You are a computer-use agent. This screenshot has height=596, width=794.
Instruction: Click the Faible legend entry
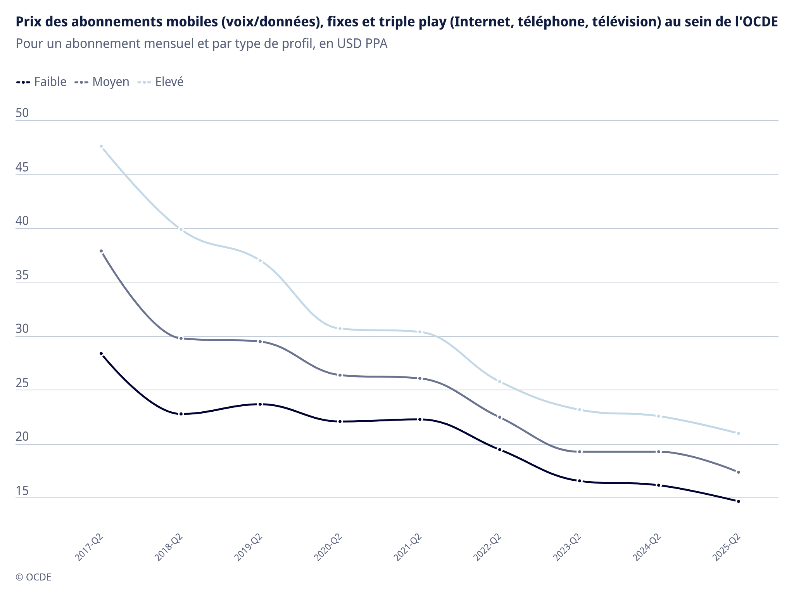click(41, 82)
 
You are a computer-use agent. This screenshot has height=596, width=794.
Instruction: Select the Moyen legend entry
click(102, 82)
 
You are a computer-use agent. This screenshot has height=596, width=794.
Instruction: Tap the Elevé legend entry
click(161, 82)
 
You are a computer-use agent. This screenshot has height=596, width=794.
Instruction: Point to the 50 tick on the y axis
click(22, 113)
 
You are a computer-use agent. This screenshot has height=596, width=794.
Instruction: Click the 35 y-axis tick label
click(22, 275)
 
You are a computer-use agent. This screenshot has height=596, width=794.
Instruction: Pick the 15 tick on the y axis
click(22, 491)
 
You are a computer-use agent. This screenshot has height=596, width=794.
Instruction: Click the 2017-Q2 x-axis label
click(90, 547)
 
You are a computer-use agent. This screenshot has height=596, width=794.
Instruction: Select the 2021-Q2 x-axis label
click(408, 547)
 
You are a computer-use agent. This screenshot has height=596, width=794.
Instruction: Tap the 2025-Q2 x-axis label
click(727, 547)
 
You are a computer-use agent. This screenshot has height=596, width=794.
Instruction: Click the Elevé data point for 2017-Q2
click(101, 146)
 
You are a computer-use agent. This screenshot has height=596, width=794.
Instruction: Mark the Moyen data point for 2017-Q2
click(101, 251)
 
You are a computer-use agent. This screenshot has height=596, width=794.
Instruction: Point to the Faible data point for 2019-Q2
click(261, 404)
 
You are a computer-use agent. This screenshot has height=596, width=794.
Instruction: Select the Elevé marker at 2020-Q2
click(340, 329)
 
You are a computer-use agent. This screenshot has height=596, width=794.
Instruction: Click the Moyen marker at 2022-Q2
click(499, 417)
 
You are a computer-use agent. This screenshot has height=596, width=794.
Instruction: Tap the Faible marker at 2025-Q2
click(738, 501)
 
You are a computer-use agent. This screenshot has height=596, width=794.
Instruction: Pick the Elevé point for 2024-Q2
click(659, 416)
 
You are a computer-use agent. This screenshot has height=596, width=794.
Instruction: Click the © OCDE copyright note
click(33, 577)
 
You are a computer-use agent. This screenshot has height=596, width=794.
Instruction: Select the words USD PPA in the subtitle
click(362, 43)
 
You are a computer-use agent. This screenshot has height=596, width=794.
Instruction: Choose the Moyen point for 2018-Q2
click(181, 338)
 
